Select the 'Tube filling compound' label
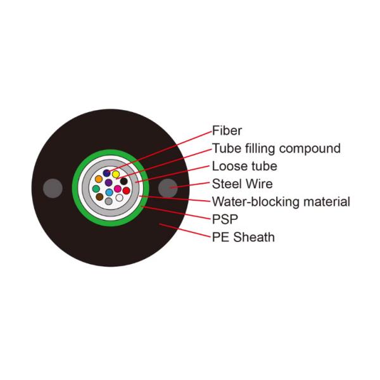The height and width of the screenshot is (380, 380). tap(276, 149)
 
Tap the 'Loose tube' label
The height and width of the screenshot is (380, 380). tap(244, 167)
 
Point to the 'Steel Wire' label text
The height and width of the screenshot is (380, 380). tap(242, 184)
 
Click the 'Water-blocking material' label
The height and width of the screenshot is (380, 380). tap(281, 203)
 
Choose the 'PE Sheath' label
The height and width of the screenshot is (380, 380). tap(243, 238)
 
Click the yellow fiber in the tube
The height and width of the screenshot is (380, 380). tap(116, 174)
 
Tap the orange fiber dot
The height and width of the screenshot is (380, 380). tap(99, 179)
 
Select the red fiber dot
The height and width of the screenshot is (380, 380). tap(126, 190)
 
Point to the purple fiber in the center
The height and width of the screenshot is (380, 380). tap(108, 182)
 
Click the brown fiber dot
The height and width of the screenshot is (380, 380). tap(99, 198)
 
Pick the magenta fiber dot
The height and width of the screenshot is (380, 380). tap(118, 189)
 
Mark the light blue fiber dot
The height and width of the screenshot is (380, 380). tap(109, 192)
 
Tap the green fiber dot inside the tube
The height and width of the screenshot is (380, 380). tap(96, 189)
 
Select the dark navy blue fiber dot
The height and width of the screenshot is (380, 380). tap(106, 172)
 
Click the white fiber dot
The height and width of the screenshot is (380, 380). tap(119, 198)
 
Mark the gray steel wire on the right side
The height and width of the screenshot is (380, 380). tap(167, 188)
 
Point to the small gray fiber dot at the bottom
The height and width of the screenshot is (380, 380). tap(109, 201)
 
